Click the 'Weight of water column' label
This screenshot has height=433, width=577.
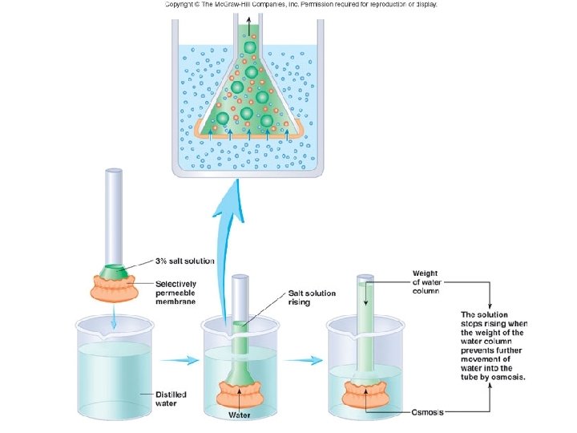pyautogui.click(x=426, y=281)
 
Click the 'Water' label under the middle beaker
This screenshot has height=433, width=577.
pyautogui.click(x=240, y=415)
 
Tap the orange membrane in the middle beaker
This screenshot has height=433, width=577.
pyautogui.click(x=240, y=395)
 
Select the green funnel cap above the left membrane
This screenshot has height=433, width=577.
pyautogui.click(x=114, y=271)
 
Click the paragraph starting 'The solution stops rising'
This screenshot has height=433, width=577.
pyautogui.click(x=493, y=344)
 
